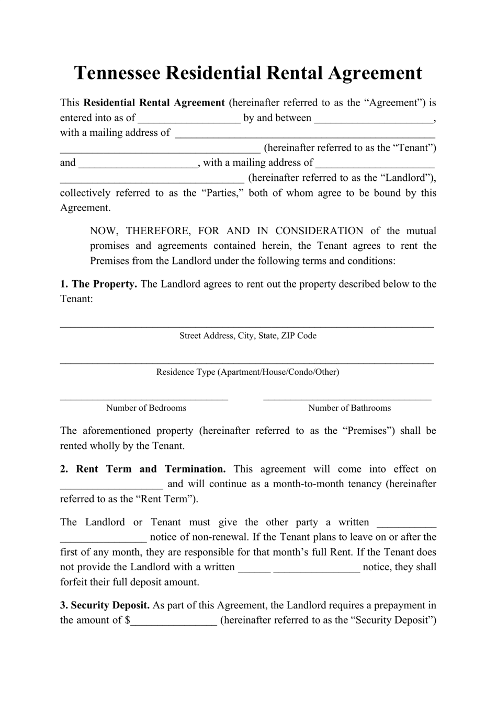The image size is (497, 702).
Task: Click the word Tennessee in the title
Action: click(x=117, y=73)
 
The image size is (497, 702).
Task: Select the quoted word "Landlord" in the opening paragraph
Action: click(x=406, y=178)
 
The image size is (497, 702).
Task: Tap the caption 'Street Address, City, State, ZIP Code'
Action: click(x=247, y=336)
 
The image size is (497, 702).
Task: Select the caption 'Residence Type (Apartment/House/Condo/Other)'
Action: click(x=247, y=372)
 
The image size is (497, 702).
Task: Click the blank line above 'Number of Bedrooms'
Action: click(x=144, y=398)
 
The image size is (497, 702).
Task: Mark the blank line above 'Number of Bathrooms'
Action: click(x=347, y=398)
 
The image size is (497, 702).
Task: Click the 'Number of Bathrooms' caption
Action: click(x=349, y=408)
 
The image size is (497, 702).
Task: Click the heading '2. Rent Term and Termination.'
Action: click(x=143, y=469)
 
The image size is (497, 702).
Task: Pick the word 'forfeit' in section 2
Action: click(x=75, y=582)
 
